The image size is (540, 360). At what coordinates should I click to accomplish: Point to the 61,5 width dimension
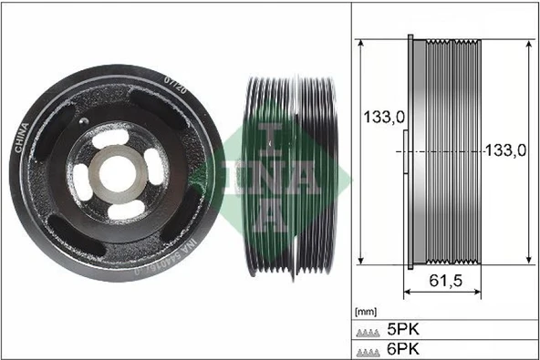tap(442, 281)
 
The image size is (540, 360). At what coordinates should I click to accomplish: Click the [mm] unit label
tap(365, 311)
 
